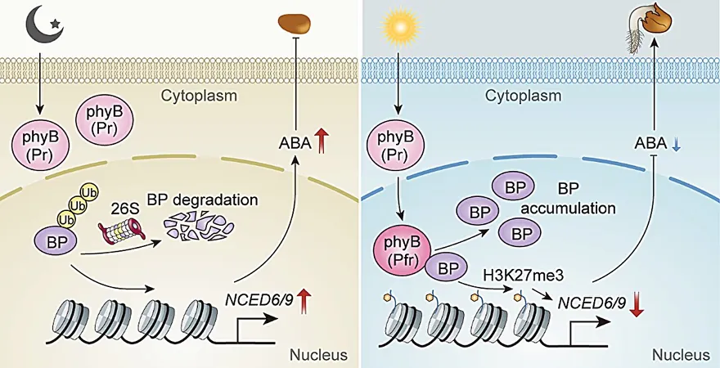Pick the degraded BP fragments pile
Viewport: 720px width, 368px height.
click(198, 227)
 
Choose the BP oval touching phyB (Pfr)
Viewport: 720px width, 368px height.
click(446, 269)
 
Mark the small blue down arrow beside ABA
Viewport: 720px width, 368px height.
click(677, 144)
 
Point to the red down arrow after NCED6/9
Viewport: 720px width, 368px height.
click(636, 304)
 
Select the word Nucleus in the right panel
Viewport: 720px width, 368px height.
click(681, 355)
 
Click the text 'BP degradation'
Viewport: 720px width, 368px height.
click(203, 200)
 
